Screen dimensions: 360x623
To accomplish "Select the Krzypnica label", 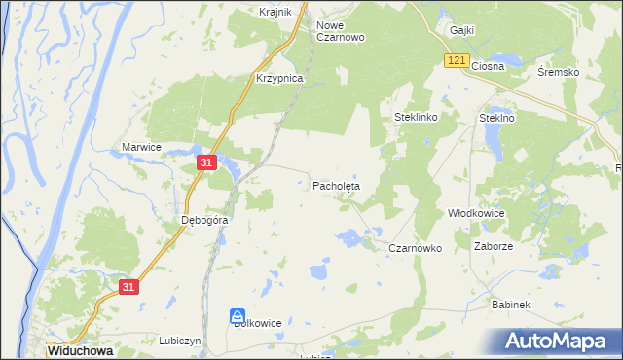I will pyautogui.click(x=279, y=78).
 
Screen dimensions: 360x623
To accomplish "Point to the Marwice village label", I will pyautogui.click(x=141, y=146).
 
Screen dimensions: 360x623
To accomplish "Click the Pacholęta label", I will pyautogui.click(x=336, y=184).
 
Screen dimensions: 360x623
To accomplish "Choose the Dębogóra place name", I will pyautogui.click(x=204, y=220).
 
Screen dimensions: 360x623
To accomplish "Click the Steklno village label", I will pyautogui.click(x=496, y=117).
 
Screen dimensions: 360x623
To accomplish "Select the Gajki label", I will pyautogui.click(x=461, y=30).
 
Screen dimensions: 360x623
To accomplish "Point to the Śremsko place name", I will pyautogui.click(x=559, y=73).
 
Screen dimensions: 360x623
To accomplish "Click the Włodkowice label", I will pyautogui.click(x=473, y=212).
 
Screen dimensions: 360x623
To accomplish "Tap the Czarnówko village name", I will pyautogui.click(x=416, y=248).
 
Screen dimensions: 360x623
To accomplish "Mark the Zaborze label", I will pyautogui.click(x=494, y=246).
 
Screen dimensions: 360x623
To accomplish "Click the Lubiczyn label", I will pyautogui.click(x=179, y=341).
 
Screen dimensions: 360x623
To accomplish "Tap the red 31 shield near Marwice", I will pyautogui.click(x=205, y=163).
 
